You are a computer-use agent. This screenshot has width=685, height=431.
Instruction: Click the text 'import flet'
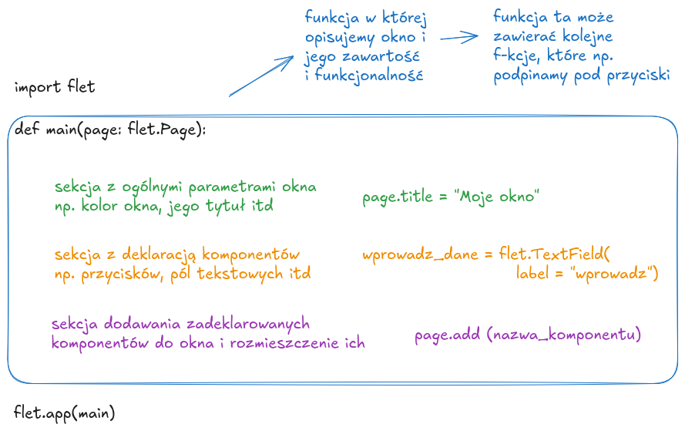55,86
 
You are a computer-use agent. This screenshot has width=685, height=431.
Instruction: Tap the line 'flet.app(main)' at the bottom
65,412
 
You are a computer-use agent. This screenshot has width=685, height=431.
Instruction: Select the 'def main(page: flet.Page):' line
111,130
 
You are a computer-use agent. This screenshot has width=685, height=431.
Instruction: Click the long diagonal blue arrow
260,76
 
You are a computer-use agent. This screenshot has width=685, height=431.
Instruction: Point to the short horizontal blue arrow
460,35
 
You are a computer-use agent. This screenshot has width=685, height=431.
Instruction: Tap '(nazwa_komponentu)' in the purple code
564,335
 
